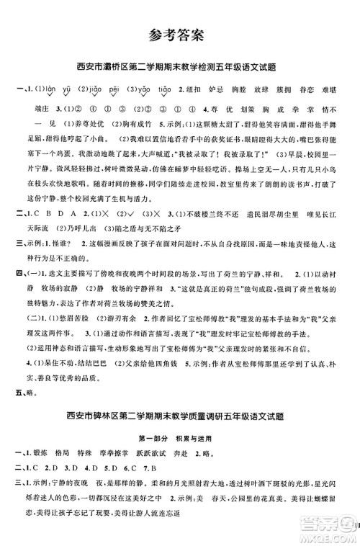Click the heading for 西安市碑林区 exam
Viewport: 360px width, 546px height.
180,416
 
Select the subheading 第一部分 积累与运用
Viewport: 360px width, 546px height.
181,437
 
